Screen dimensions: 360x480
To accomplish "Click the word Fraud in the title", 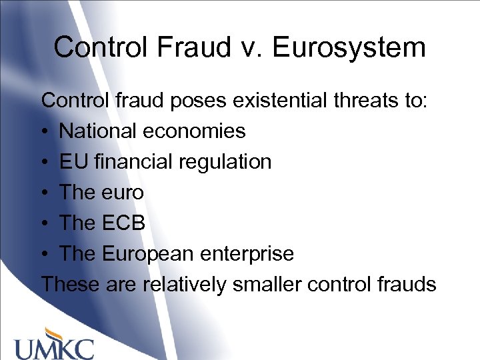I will (194, 47).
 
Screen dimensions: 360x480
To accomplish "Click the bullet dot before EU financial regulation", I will (45, 162).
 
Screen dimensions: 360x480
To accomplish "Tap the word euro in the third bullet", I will (123, 193).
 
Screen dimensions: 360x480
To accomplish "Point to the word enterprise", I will (254, 254).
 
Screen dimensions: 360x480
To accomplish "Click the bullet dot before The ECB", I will (45, 223).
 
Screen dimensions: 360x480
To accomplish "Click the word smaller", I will (267, 285).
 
